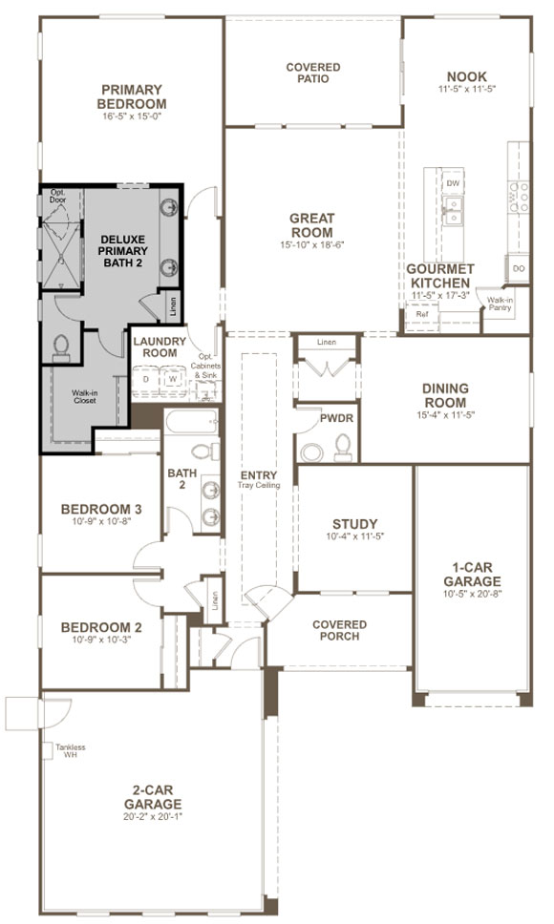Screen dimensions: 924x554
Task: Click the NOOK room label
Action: click(466, 75)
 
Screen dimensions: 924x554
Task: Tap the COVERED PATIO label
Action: click(313, 73)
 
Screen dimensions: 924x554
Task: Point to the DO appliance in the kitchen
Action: click(518, 269)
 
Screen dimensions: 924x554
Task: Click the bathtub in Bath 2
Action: click(191, 422)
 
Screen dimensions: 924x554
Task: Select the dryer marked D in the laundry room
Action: click(146, 379)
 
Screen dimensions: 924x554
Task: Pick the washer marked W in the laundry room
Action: click(173, 379)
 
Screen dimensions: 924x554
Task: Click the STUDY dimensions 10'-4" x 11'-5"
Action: click(354, 536)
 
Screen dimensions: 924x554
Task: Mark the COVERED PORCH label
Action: click(339, 631)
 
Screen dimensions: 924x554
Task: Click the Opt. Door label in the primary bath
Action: click(58, 199)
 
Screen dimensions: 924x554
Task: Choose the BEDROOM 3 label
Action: click(101, 508)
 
